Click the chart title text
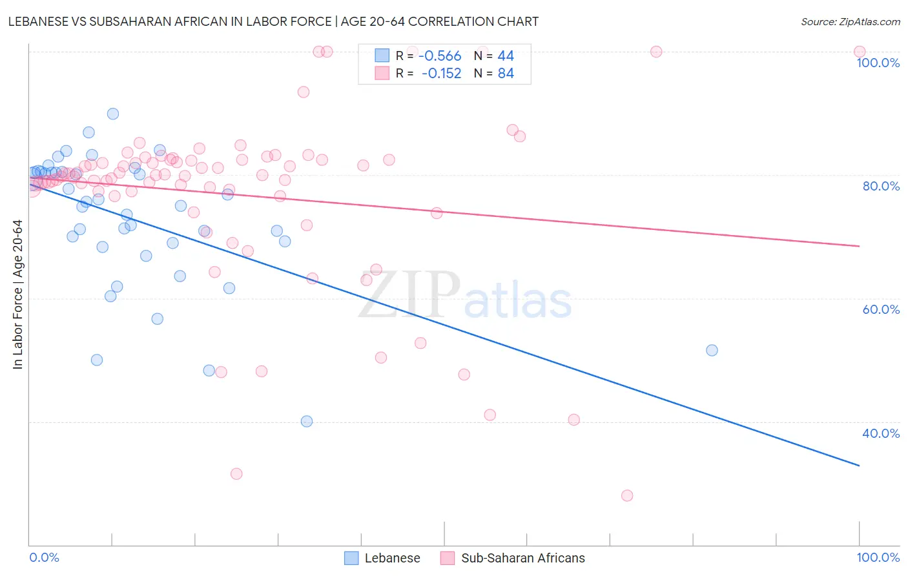coord(273,21)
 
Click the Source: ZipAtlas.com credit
coord(850,22)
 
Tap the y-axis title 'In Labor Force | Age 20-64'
coord(17,294)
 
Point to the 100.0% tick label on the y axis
coord(878,63)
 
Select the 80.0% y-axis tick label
coord(880,186)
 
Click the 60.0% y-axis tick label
coord(880,309)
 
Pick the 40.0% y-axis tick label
coord(880,433)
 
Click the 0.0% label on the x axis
coord(44,557)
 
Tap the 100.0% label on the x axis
coord(878,557)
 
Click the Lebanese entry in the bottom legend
coord(392,558)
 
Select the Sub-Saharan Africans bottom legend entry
coord(522,558)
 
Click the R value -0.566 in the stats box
coord(440,56)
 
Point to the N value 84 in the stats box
coord(506,74)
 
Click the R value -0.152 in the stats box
coord(441,74)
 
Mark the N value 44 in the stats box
coord(506,56)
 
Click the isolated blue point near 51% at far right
coord(712,350)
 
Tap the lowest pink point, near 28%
coord(627,495)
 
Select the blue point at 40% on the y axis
coord(307,421)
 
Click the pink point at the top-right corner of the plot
coord(860,52)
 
